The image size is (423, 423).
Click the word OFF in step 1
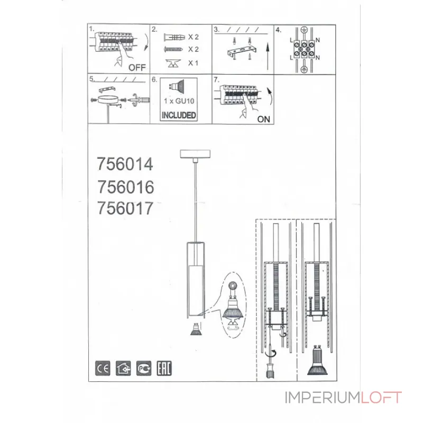click(x=137, y=67)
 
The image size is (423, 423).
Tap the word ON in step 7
click(x=263, y=119)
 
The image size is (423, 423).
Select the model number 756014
click(x=125, y=164)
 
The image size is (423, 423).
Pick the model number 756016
click(x=125, y=187)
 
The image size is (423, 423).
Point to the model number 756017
click(x=125, y=208)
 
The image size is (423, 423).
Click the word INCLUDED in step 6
click(x=179, y=115)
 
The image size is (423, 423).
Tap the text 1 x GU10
click(x=179, y=101)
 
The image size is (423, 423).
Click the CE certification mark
click(x=103, y=368)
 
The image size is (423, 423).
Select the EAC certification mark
click(x=164, y=368)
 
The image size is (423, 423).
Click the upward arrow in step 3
click(x=268, y=57)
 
